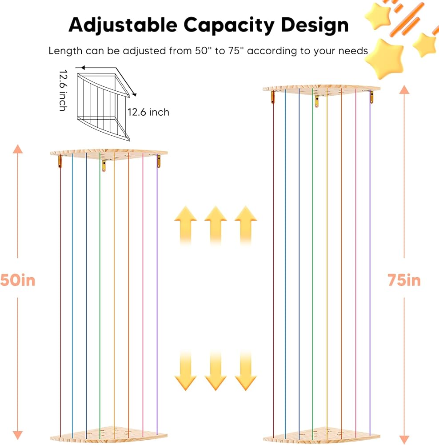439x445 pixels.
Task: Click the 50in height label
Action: [x=17, y=280]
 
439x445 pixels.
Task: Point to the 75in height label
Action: [x=403, y=280]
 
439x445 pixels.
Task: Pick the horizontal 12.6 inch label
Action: [x=148, y=112]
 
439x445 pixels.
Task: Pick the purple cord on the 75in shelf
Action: [x=370, y=267]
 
